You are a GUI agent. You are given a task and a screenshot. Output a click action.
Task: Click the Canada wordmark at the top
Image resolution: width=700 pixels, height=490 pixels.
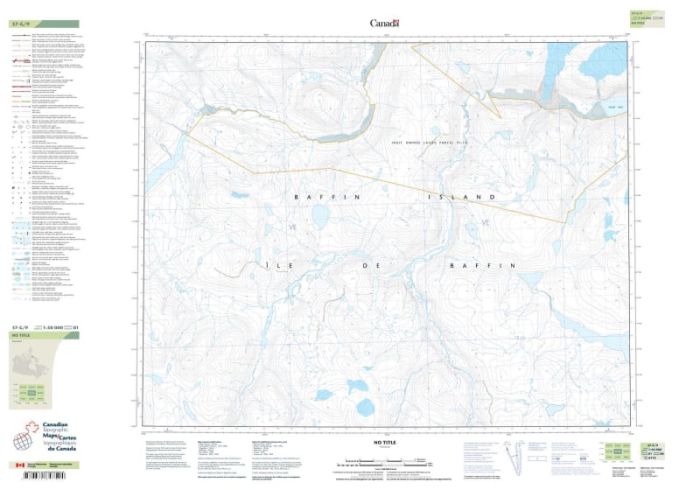pos(384,24)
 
